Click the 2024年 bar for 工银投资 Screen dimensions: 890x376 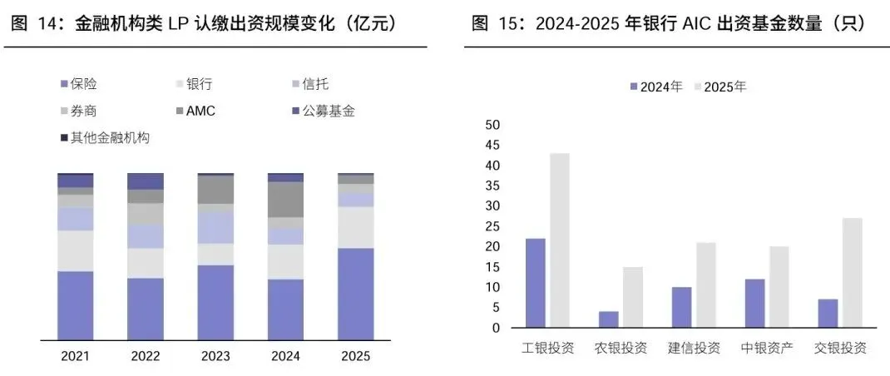click(x=536, y=283)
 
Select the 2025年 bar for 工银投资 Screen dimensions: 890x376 click(x=560, y=240)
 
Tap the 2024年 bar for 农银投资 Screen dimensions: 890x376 click(x=609, y=319)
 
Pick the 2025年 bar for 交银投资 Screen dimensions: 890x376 click(x=852, y=273)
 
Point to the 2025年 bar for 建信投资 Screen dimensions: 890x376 click(x=706, y=285)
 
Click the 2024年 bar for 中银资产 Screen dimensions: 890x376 click(x=754, y=304)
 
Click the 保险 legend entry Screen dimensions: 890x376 click(x=79, y=85)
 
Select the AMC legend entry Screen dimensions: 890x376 click(x=195, y=111)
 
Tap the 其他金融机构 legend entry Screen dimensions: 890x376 click(x=105, y=137)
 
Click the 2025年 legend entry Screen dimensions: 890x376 click(x=719, y=87)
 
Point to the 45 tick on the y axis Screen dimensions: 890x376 click(x=493, y=146)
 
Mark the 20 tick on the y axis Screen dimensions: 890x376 click(x=493, y=246)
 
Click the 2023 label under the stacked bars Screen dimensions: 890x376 click(x=215, y=356)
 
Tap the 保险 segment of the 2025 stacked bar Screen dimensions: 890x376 click(x=356, y=294)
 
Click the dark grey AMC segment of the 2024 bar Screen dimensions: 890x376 click(x=285, y=200)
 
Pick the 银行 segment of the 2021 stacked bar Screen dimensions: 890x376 click(x=76, y=251)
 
